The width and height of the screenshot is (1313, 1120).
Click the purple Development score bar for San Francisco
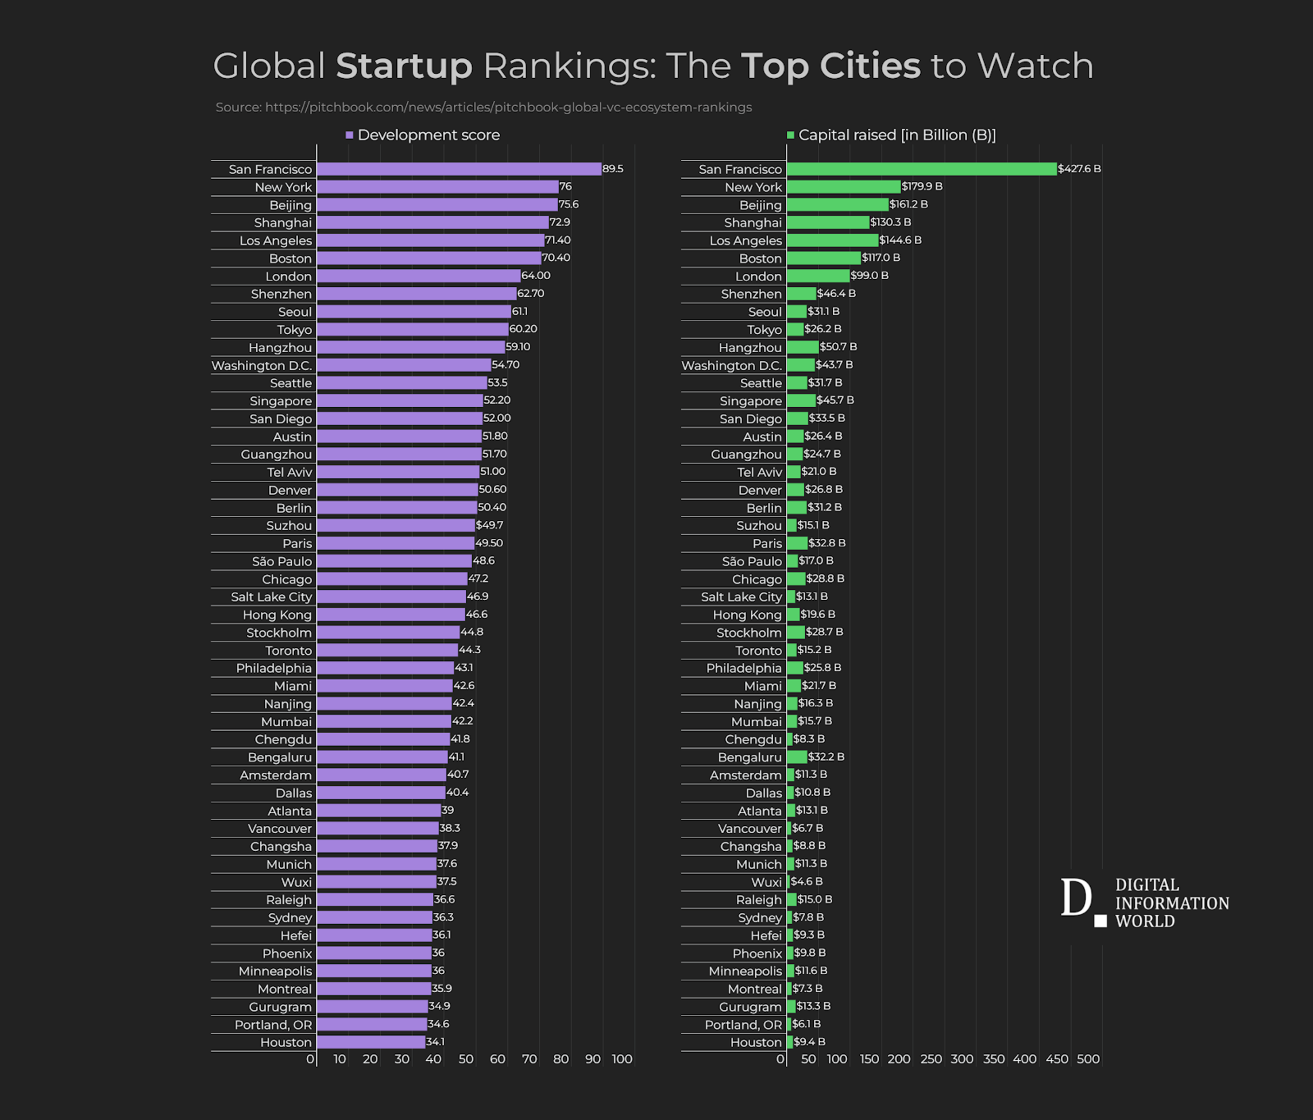tap(459, 169)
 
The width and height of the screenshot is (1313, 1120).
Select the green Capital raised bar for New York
tap(843, 186)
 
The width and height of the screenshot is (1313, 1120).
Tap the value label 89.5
tap(613, 169)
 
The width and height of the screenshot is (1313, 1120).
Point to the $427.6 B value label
tap(1079, 169)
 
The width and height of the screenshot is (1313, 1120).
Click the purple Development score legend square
tap(349, 135)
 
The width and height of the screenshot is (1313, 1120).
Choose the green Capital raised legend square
tap(790, 135)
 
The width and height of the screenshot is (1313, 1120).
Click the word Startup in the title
tap(404, 66)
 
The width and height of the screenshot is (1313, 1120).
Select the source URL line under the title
tap(484, 107)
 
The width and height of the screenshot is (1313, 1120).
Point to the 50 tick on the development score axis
tap(466, 1059)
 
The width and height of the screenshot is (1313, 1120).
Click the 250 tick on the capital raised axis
tap(931, 1059)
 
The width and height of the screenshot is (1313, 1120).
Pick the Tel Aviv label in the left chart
tap(289, 472)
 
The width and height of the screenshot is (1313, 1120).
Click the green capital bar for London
tap(817, 276)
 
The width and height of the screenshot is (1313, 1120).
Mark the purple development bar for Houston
tap(370, 1042)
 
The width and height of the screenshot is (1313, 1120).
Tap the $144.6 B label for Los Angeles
tap(900, 240)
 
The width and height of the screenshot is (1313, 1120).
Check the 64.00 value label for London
tap(536, 276)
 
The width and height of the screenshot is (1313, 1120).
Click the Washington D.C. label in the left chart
tap(262, 366)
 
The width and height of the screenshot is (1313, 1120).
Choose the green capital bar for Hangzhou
tap(802, 347)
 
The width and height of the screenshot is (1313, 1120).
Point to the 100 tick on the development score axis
tap(622, 1059)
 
